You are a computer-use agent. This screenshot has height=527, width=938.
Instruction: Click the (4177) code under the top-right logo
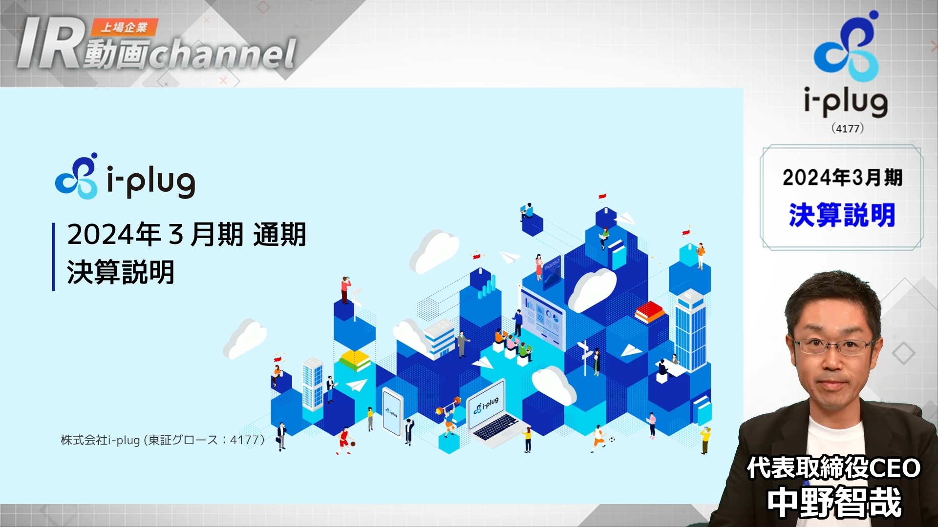pos(848,128)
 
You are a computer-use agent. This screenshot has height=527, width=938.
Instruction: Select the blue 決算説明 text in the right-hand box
pos(842,215)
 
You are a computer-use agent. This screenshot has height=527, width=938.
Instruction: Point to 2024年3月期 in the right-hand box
pos(842,177)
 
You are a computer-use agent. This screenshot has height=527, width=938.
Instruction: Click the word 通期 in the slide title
pos(280,235)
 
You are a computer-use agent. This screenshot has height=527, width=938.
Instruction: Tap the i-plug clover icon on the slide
pos(76,176)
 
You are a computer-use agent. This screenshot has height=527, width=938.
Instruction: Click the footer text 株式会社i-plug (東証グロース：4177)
pos(163,440)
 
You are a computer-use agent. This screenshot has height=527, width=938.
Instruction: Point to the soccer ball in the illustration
pos(612,440)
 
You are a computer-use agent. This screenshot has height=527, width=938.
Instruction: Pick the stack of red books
pos(650,312)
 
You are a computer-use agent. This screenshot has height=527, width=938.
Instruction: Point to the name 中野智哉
pos(834,503)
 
